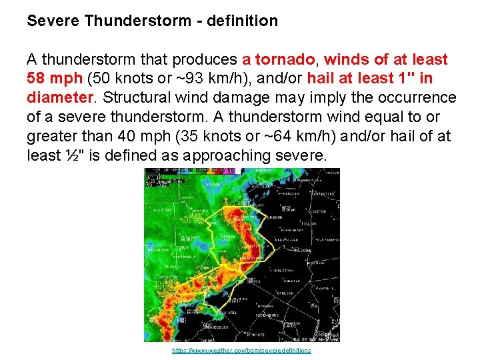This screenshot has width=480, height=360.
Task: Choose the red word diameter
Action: click(58, 99)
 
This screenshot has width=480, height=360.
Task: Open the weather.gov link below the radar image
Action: click(241, 351)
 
